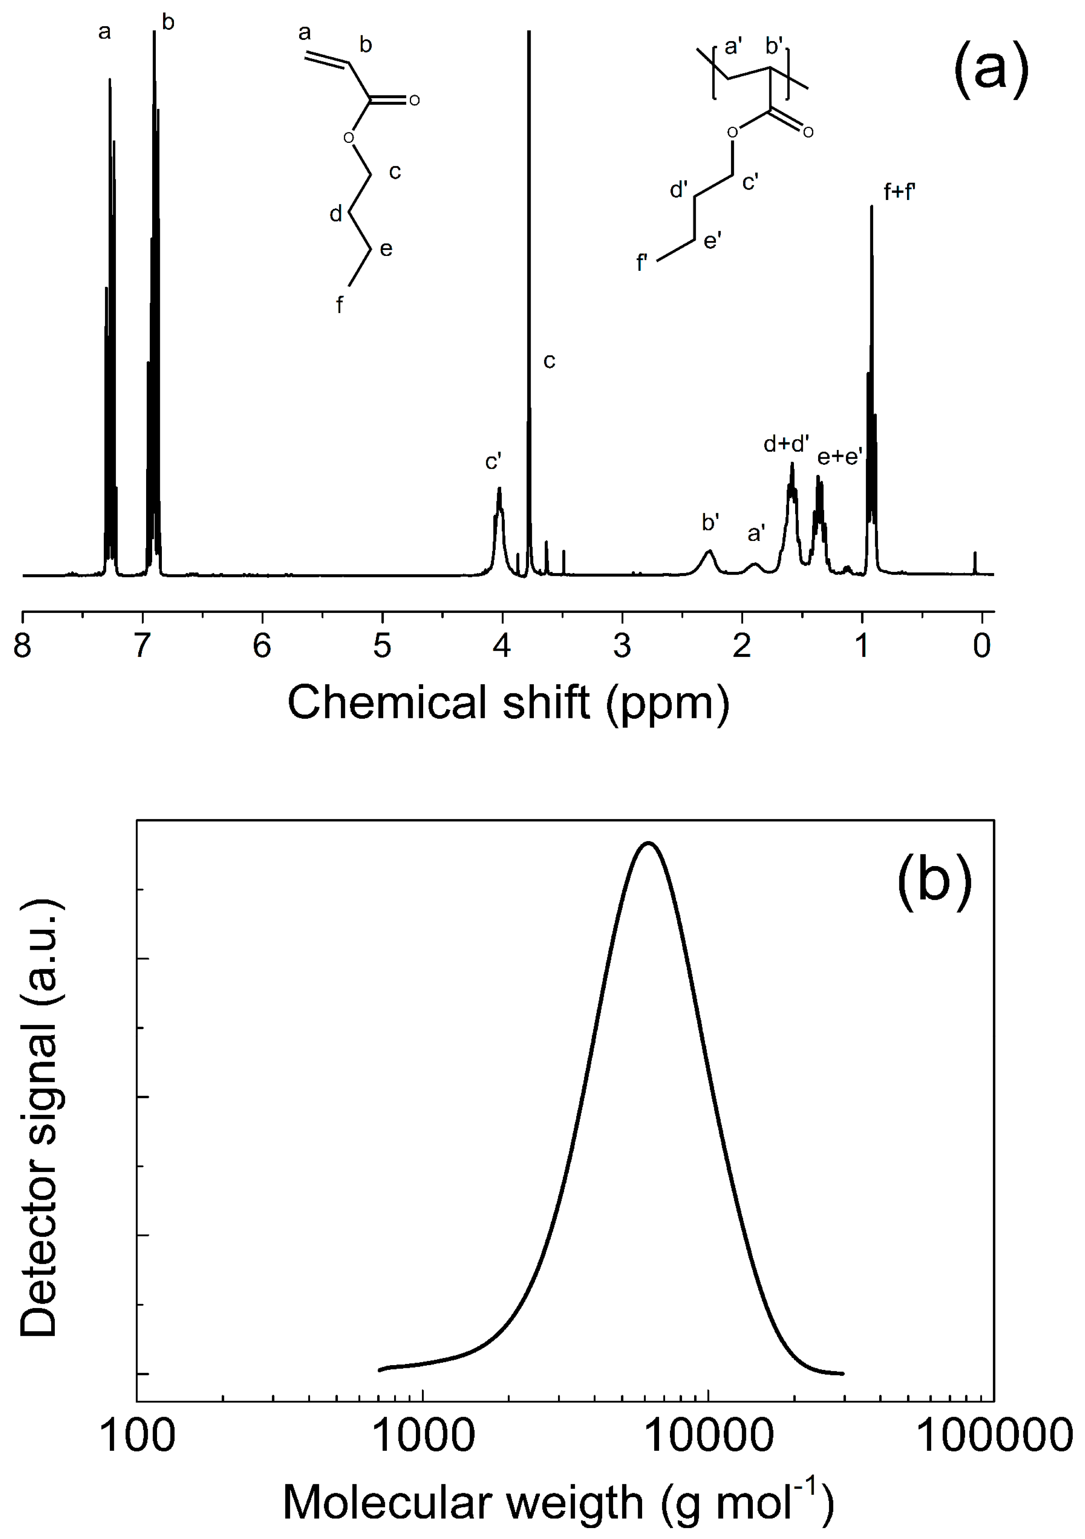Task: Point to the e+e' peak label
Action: pyautogui.click(x=839, y=457)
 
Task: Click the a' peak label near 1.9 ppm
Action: pyautogui.click(x=756, y=534)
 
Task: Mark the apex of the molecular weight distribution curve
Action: pyautogui.click(x=648, y=843)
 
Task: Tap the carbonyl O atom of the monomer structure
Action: pyautogui.click(x=414, y=101)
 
